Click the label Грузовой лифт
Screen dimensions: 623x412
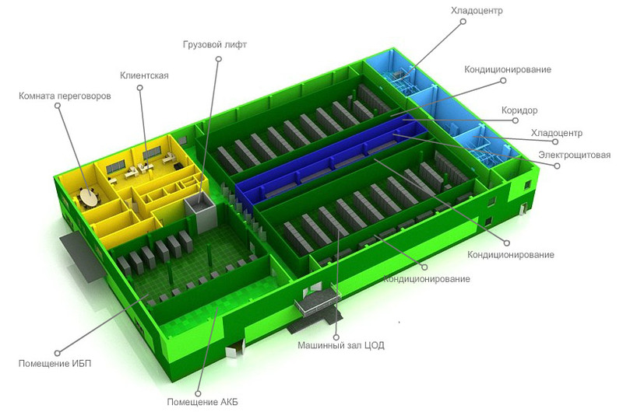pos(215,44)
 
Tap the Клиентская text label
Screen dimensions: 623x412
pos(144,75)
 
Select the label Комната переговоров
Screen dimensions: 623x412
pos(65,96)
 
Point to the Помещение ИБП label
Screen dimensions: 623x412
pos(55,363)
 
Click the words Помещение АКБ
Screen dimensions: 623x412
pos(202,402)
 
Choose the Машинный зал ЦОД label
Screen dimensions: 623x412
pos(341,345)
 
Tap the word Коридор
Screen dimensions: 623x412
pos(519,110)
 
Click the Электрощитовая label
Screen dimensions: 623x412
pos(574,155)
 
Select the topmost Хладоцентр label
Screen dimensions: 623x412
pos(477,11)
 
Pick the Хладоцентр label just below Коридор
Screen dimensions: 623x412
pos(557,133)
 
